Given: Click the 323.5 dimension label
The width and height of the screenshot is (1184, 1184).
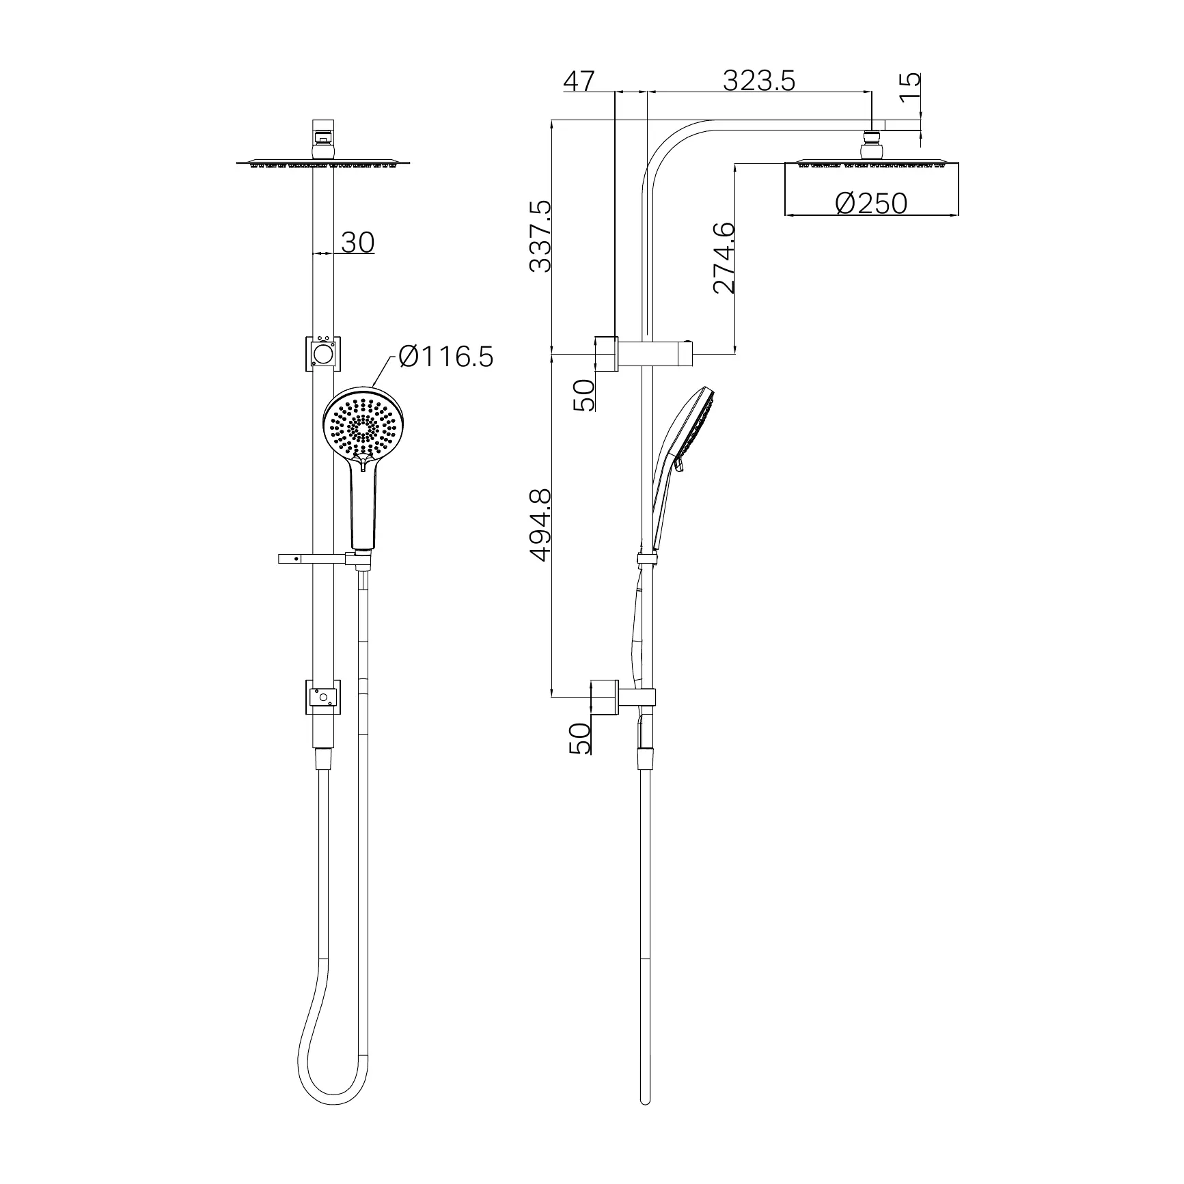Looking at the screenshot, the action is (759, 81).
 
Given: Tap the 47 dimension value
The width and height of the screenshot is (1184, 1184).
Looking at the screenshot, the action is (579, 81).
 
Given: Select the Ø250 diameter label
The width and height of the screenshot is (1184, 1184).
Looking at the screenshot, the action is (872, 203).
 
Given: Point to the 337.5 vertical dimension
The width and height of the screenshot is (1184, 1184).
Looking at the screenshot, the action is (540, 236).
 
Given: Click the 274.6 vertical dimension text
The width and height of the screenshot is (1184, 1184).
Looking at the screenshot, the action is (724, 258).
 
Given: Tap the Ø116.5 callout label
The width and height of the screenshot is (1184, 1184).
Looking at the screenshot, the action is (445, 357).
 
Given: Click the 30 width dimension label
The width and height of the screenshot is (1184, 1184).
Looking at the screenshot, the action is (357, 242).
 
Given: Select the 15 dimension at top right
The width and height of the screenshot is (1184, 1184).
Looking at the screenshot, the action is (909, 87).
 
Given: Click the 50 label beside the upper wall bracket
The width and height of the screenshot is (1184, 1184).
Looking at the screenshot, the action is (584, 395).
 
